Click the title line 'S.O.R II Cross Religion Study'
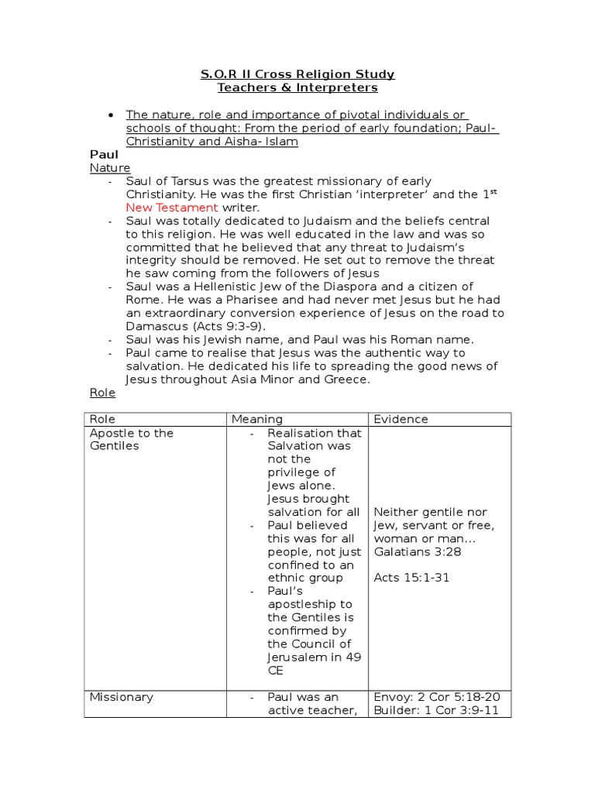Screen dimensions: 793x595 pyautogui.click(x=297, y=74)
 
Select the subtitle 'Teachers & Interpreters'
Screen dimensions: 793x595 pyautogui.click(x=297, y=88)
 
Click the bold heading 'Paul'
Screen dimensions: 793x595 pyautogui.click(x=105, y=155)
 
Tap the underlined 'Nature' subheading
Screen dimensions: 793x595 pyautogui.click(x=110, y=168)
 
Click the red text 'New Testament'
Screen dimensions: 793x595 pyautogui.click(x=172, y=208)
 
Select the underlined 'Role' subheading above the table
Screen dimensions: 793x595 pyautogui.click(x=102, y=393)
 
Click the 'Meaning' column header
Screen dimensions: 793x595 pyautogui.click(x=256, y=419)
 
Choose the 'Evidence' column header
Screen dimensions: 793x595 pyautogui.click(x=401, y=419)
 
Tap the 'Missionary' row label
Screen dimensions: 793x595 pyautogui.click(x=122, y=697)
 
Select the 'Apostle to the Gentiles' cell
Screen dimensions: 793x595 pyautogui.click(x=132, y=439)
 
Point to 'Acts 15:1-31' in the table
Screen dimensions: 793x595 pyautogui.click(x=411, y=578)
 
